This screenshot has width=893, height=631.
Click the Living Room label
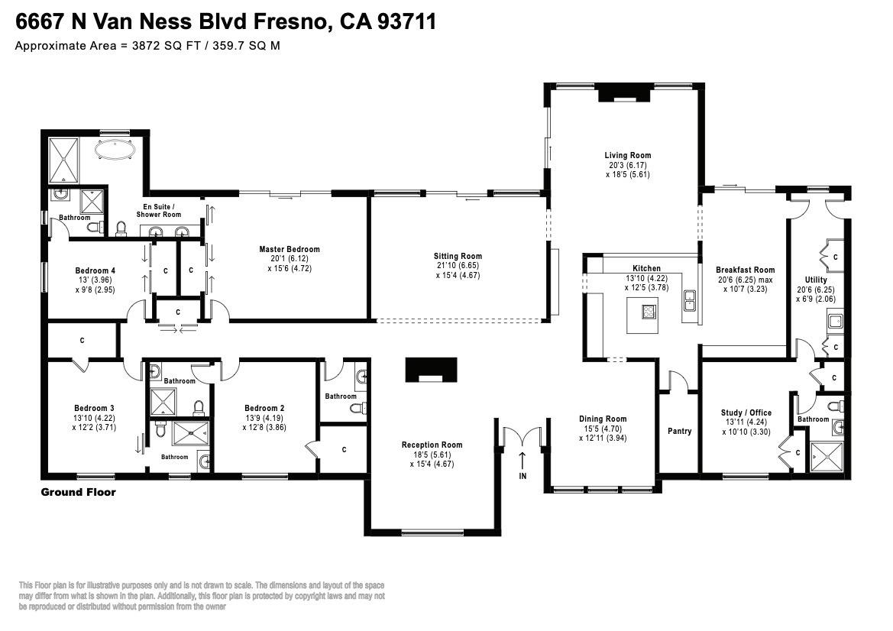627,155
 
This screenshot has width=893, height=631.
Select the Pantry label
679,432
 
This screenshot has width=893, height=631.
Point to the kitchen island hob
650,311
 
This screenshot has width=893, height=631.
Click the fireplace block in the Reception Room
432,369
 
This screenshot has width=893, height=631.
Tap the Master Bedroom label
289,249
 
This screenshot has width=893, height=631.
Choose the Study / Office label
747,413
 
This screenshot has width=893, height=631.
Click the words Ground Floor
78,492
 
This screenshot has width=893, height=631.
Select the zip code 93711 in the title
407,21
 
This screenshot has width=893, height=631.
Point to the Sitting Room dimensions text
458,270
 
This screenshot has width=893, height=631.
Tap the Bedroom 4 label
95,270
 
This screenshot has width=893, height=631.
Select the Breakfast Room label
745,270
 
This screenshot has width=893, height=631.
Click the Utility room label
815,280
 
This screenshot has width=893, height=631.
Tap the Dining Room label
603,419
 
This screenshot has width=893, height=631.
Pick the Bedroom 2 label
265,408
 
